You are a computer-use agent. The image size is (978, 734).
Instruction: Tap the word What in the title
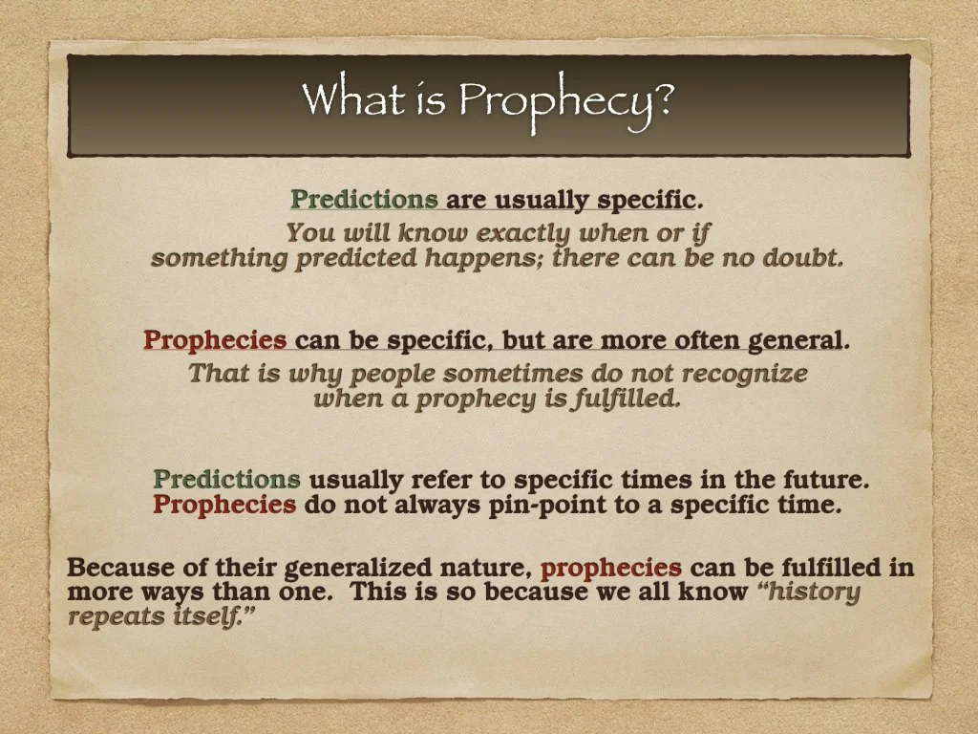pos(343,98)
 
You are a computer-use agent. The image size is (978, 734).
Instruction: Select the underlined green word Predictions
pos(364,200)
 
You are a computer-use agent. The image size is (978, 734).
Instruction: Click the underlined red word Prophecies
pos(215,340)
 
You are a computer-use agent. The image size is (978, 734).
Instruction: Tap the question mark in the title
pos(662,98)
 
